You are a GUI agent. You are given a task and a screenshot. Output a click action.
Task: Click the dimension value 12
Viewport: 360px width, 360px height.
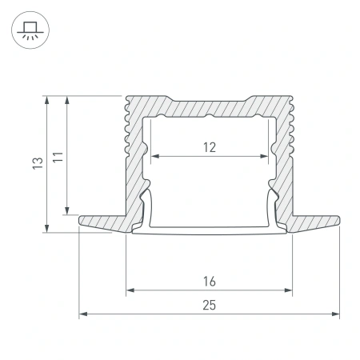pos(209,146)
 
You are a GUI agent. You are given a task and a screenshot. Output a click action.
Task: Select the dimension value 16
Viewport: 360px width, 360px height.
pos(209,281)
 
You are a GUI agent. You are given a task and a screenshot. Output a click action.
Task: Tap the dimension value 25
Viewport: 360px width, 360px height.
pos(209,305)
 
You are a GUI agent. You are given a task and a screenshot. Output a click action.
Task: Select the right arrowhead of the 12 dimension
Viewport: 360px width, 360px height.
pos(264,156)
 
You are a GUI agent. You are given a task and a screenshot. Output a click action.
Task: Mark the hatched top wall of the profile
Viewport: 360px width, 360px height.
pos(209,106)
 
